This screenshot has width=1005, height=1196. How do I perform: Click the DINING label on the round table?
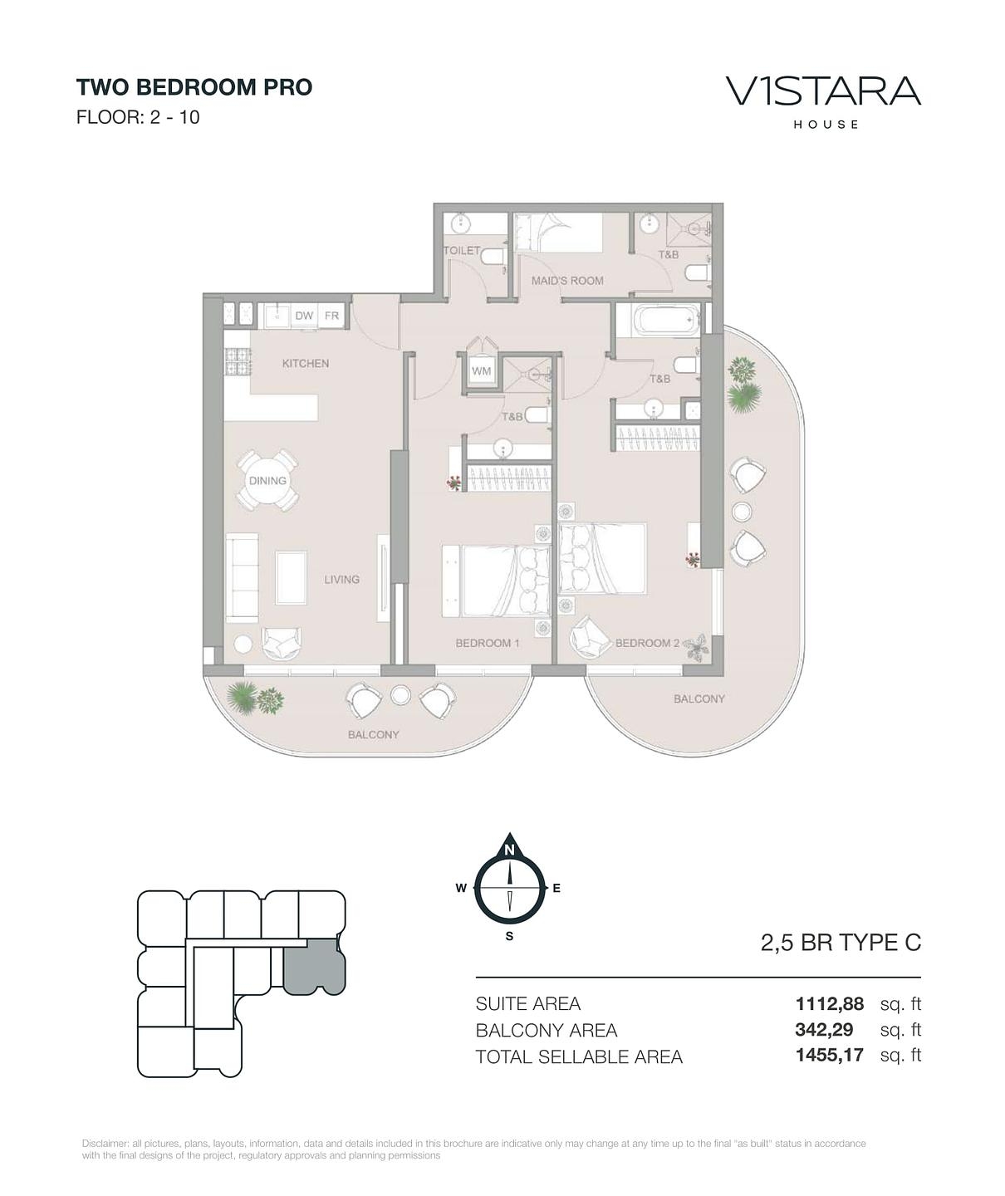[x=267, y=481]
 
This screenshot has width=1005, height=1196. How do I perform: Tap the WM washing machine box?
[x=481, y=371]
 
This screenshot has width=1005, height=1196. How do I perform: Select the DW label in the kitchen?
[x=304, y=316]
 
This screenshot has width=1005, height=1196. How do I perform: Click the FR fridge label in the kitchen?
[x=331, y=316]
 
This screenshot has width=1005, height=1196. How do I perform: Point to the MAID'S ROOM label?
[x=567, y=281]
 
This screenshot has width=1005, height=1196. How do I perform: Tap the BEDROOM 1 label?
[x=487, y=643]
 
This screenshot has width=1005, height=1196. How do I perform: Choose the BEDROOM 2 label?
[x=648, y=643]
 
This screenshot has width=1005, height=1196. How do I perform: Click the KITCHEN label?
[x=306, y=364]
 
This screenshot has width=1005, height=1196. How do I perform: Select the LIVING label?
[x=342, y=580]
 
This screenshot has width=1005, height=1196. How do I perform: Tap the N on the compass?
[x=509, y=851]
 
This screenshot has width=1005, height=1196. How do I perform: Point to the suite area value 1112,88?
[x=829, y=1003]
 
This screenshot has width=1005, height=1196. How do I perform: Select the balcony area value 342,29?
[x=824, y=1030]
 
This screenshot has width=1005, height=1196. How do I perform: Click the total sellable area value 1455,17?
[x=829, y=1055]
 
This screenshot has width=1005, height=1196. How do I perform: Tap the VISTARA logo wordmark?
[x=823, y=91]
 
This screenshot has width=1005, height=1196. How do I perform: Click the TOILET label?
[x=461, y=250]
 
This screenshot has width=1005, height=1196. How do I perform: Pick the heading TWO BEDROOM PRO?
[x=194, y=87]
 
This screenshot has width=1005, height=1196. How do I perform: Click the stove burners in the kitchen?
[x=238, y=361]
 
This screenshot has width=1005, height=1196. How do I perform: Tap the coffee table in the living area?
[x=291, y=577]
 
